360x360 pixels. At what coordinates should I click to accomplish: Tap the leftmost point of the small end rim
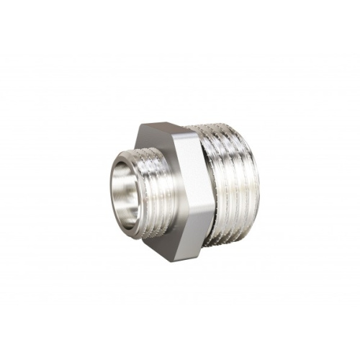click(109, 194)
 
